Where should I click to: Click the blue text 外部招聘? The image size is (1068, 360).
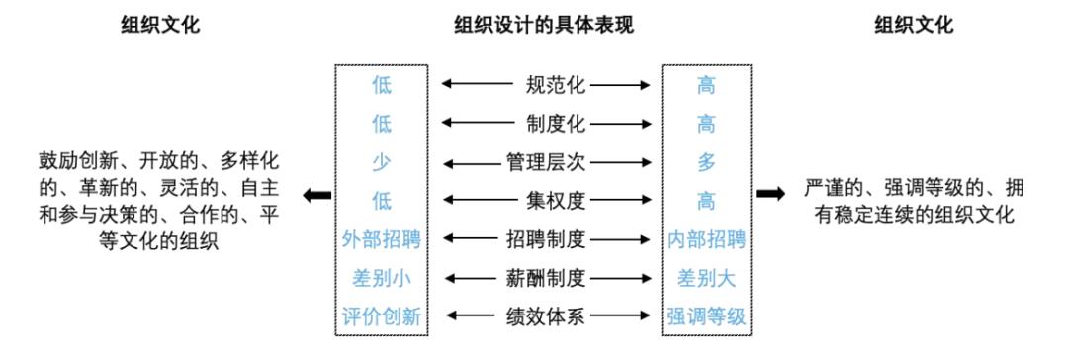tap(382, 239)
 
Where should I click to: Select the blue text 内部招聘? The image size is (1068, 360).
tap(706, 239)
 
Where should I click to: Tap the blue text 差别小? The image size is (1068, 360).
tap(382, 278)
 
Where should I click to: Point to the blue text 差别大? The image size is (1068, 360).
tap(706, 278)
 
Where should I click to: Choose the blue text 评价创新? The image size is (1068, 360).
tap(382, 316)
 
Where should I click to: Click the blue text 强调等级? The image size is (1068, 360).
tap(706, 316)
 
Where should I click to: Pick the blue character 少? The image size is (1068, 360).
tap(382, 162)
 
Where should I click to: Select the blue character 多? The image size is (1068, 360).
tap(706, 162)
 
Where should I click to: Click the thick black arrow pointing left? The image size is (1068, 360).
tap(316, 196)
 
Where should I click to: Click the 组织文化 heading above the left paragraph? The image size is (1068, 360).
tap(159, 25)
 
